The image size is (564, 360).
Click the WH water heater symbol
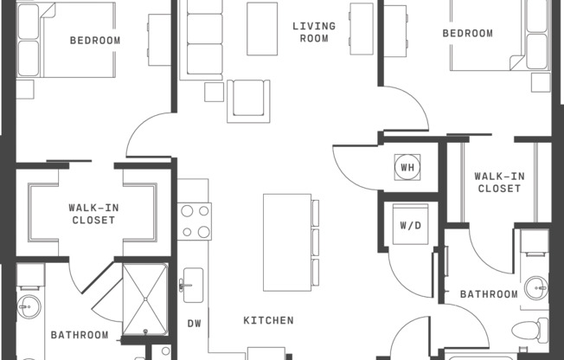tap(407, 167)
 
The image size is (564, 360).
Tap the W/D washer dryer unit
tap(410, 224)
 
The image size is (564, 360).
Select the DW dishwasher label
tap(195, 324)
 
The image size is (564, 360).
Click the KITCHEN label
tap(268, 320)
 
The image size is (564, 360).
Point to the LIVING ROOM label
tap(314, 32)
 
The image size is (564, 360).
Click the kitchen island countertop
tap(287, 242)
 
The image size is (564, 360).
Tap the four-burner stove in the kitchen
tap(195, 221)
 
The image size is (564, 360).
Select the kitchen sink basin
tap(193, 285)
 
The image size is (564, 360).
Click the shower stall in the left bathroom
tap(145, 299)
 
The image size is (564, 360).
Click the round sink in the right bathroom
tap(536, 288)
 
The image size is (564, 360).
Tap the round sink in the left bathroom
tap(29, 306)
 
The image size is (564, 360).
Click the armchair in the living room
tap(248, 101)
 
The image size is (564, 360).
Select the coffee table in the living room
tap(262, 29)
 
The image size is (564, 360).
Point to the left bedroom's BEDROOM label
tap(95, 41)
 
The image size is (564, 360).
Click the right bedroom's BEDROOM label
tap(468, 34)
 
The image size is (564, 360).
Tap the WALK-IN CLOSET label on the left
tap(93, 214)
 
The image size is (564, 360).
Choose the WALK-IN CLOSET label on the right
tap(499, 183)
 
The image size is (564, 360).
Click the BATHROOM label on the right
tap(490, 294)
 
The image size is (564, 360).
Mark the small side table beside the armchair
tap(214, 92)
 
